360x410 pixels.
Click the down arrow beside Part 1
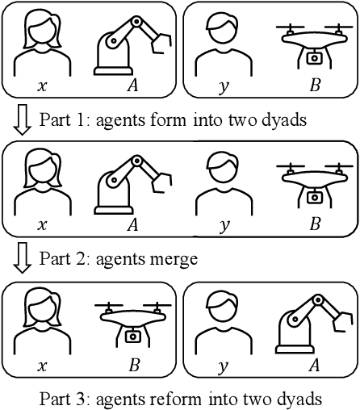click(x=23, y=120)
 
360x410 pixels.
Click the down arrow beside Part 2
click(x=23, y=258)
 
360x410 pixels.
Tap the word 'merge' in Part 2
click(x=174, y=260)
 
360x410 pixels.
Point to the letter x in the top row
click(x=42, y=86)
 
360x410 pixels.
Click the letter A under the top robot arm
click(x=132, y=86)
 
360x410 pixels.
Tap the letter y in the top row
click(x=224, y=87)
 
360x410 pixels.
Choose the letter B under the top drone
click(x=315, y=86)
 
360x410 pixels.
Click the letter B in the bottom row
click(x=134, y=365)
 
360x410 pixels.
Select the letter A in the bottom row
click(x=314, y=365)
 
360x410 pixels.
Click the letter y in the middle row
click(x=224, y=226)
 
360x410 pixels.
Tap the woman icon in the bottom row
click(x=43, y=321)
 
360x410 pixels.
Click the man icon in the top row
click(x=224, y=44)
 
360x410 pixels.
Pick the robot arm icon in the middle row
click(x=132, y=185)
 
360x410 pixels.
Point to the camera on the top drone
click(x=314, y=58)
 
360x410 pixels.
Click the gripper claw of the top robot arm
click(x=161, y=43)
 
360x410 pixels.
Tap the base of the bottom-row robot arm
click(x=295, y=349)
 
